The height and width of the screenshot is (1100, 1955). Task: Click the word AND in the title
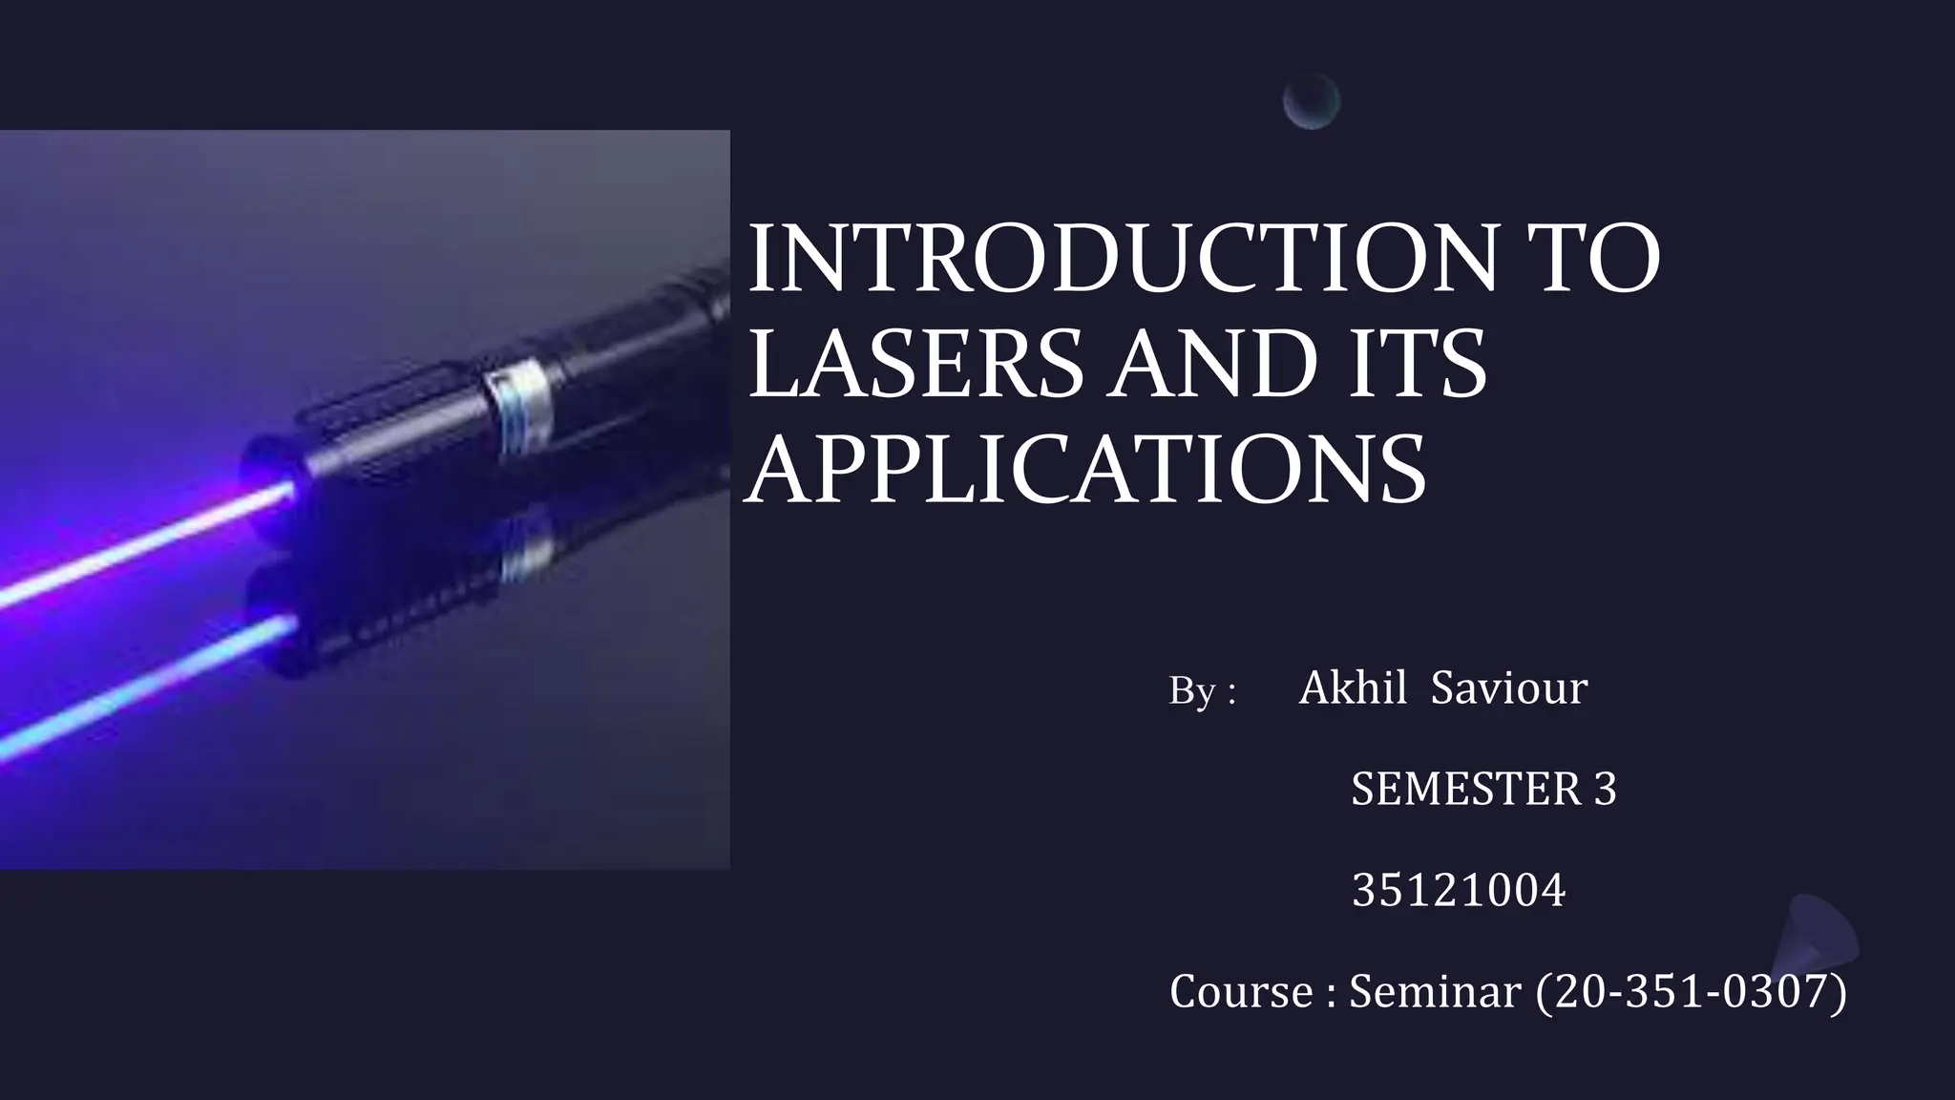[x=1202, y=364]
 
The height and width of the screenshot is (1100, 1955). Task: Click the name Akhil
[x=1353, y=687]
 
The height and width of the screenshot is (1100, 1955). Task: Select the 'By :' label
[x=1202, y=690]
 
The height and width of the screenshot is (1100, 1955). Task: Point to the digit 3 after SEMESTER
[x=1605, y=790]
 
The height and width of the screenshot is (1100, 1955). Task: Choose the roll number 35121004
[x=1459, y=891]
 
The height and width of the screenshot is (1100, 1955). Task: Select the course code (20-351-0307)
[x=1691, y=992]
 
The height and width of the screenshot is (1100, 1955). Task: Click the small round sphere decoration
[x=1312, y=101]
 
